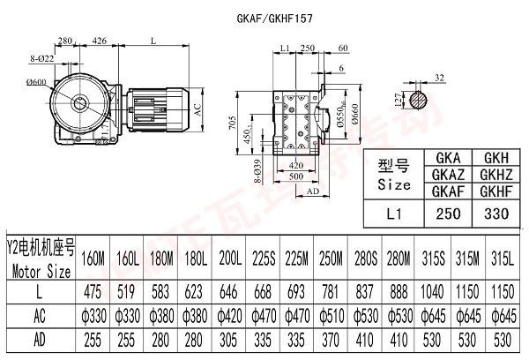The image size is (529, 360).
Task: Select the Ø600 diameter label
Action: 35,82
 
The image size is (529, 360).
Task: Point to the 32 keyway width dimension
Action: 436,76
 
